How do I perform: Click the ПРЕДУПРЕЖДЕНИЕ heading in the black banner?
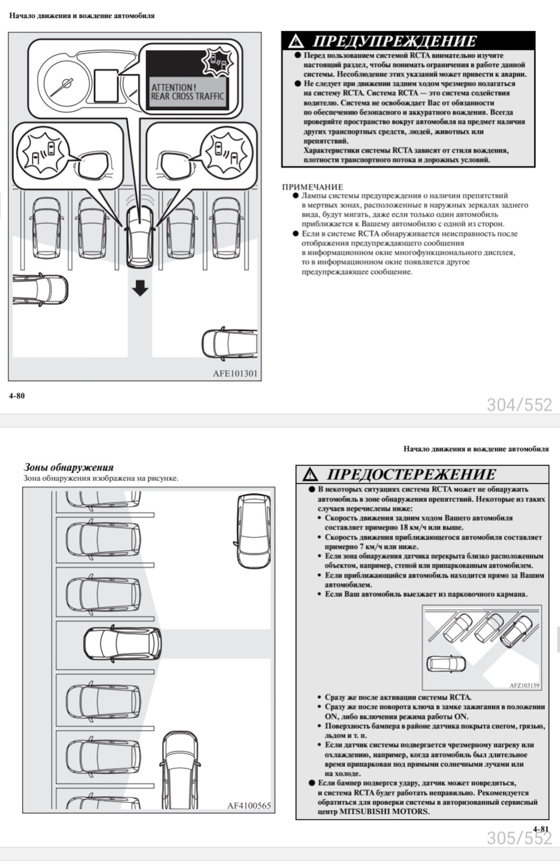click(394, 41)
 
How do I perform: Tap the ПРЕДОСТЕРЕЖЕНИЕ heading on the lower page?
click(411, 474)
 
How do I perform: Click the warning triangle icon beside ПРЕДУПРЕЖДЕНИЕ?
click(296, 41)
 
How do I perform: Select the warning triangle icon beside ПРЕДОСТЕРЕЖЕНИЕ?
click(311, 474)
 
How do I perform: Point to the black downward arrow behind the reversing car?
click(140, 288)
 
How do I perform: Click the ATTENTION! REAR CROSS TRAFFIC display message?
click(187, 92)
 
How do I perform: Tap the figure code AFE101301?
click(235, 374)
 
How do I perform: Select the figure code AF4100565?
click(249, 806)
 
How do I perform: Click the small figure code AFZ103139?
click(524, 685)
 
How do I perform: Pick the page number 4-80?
click(17, 396)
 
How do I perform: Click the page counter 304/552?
click(519, 404)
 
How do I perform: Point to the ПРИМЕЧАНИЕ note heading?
click(313, 187)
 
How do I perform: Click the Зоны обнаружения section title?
click(68, 467)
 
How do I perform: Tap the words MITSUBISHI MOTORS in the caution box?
click(384, 811)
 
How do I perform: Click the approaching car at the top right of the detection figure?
click(254, 530)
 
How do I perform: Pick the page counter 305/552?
click(519, 838)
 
